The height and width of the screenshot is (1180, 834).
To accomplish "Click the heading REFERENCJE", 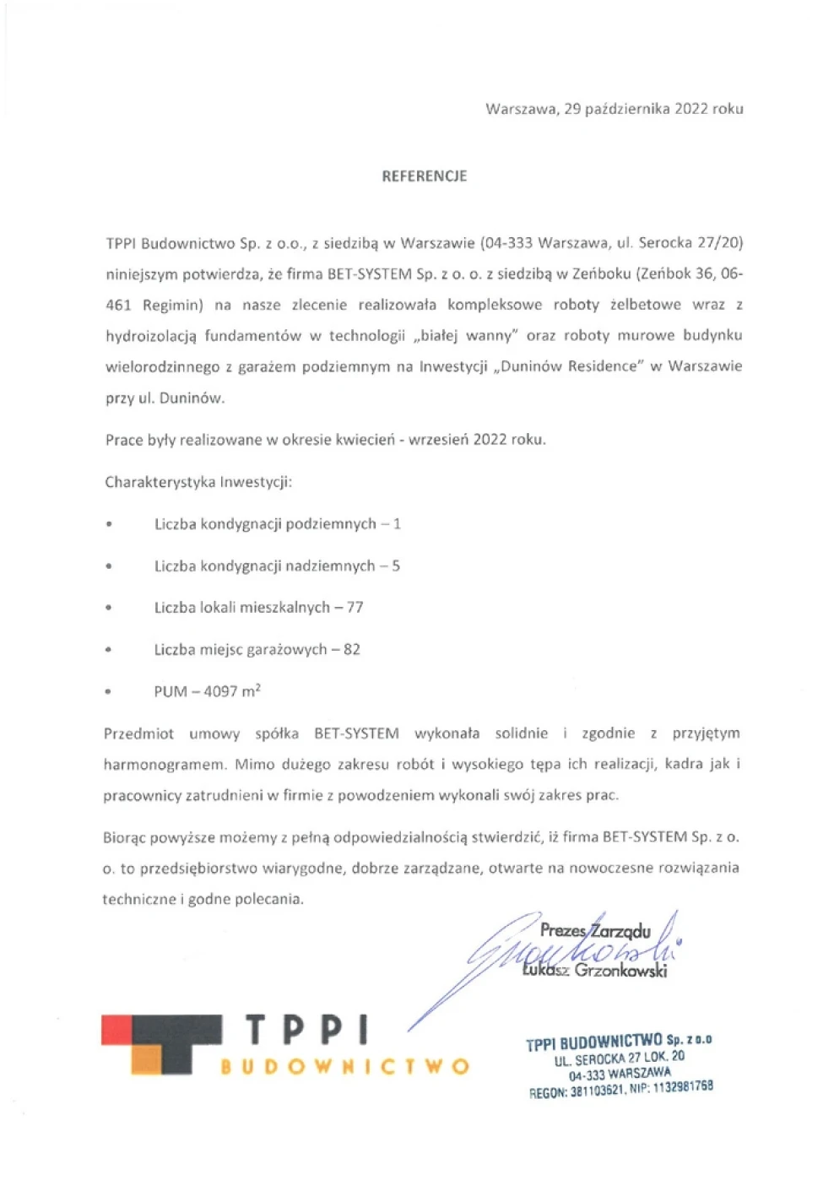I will click(424, 176).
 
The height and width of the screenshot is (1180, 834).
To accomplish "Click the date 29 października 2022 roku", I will click(653, 109).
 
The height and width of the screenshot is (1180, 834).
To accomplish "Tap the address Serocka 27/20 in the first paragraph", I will click(690, 243).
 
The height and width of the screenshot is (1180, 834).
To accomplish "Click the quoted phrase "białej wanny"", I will click(465, 336).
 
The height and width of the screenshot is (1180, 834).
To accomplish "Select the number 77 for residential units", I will click(355, 608).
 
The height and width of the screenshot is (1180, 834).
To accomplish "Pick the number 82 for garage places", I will click(351, 650).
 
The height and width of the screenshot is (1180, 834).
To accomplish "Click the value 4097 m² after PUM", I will click(232, 691).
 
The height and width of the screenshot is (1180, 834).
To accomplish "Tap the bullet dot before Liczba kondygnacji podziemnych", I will click(108, 525).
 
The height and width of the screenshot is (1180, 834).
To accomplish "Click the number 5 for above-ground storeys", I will click(396, 566).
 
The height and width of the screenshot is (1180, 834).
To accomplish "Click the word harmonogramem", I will click(165, 765).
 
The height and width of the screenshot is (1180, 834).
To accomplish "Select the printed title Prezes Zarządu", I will click(595, 931).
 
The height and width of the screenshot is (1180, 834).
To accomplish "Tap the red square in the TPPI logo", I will click(116, 1030).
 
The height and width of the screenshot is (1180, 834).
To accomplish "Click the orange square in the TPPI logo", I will click(146, 1061).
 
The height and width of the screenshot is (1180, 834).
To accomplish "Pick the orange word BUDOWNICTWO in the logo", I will click(344, 1067).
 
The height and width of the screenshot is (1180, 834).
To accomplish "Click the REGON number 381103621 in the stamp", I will click(597, 1091).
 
